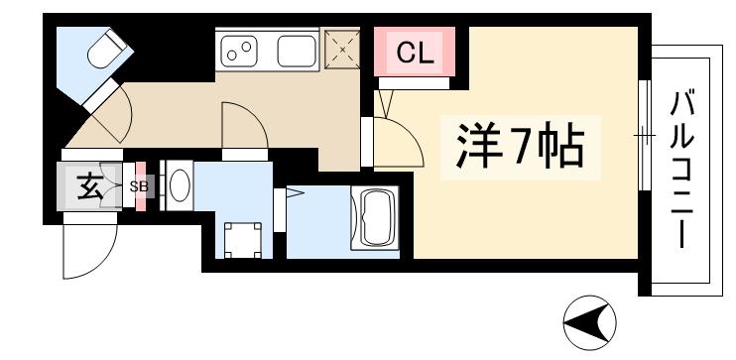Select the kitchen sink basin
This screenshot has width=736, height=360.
tap(297, 48)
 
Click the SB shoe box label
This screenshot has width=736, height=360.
tap(140, 185)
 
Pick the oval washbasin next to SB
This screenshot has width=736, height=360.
tap(179, 185)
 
